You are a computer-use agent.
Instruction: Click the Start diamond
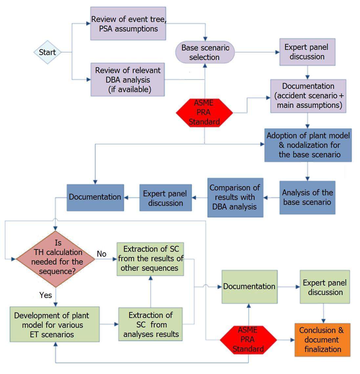48,52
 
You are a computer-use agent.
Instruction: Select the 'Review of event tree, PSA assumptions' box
128,23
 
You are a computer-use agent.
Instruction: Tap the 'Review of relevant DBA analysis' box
127,79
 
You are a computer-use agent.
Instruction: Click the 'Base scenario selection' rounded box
205,52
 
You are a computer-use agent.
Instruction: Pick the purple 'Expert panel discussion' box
307,52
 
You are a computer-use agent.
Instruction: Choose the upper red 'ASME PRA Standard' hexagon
204,112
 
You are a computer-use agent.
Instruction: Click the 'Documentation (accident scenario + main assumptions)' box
308,96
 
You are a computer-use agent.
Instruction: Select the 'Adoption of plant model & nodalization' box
308,145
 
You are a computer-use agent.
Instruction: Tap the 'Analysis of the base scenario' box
307,198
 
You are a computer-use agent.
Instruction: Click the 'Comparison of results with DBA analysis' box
235,198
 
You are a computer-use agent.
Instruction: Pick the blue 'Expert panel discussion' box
165,198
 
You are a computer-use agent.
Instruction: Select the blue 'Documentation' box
95,198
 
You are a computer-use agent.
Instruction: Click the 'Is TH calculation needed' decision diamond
55,259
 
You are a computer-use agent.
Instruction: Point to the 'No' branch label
101,254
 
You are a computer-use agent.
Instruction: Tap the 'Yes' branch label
45,295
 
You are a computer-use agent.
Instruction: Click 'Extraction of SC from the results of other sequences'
150,259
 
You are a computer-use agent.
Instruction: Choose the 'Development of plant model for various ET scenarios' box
54,324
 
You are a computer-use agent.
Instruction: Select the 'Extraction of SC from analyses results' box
150,324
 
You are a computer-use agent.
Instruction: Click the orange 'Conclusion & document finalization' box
322,340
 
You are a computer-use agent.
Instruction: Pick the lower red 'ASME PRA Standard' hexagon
248,340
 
